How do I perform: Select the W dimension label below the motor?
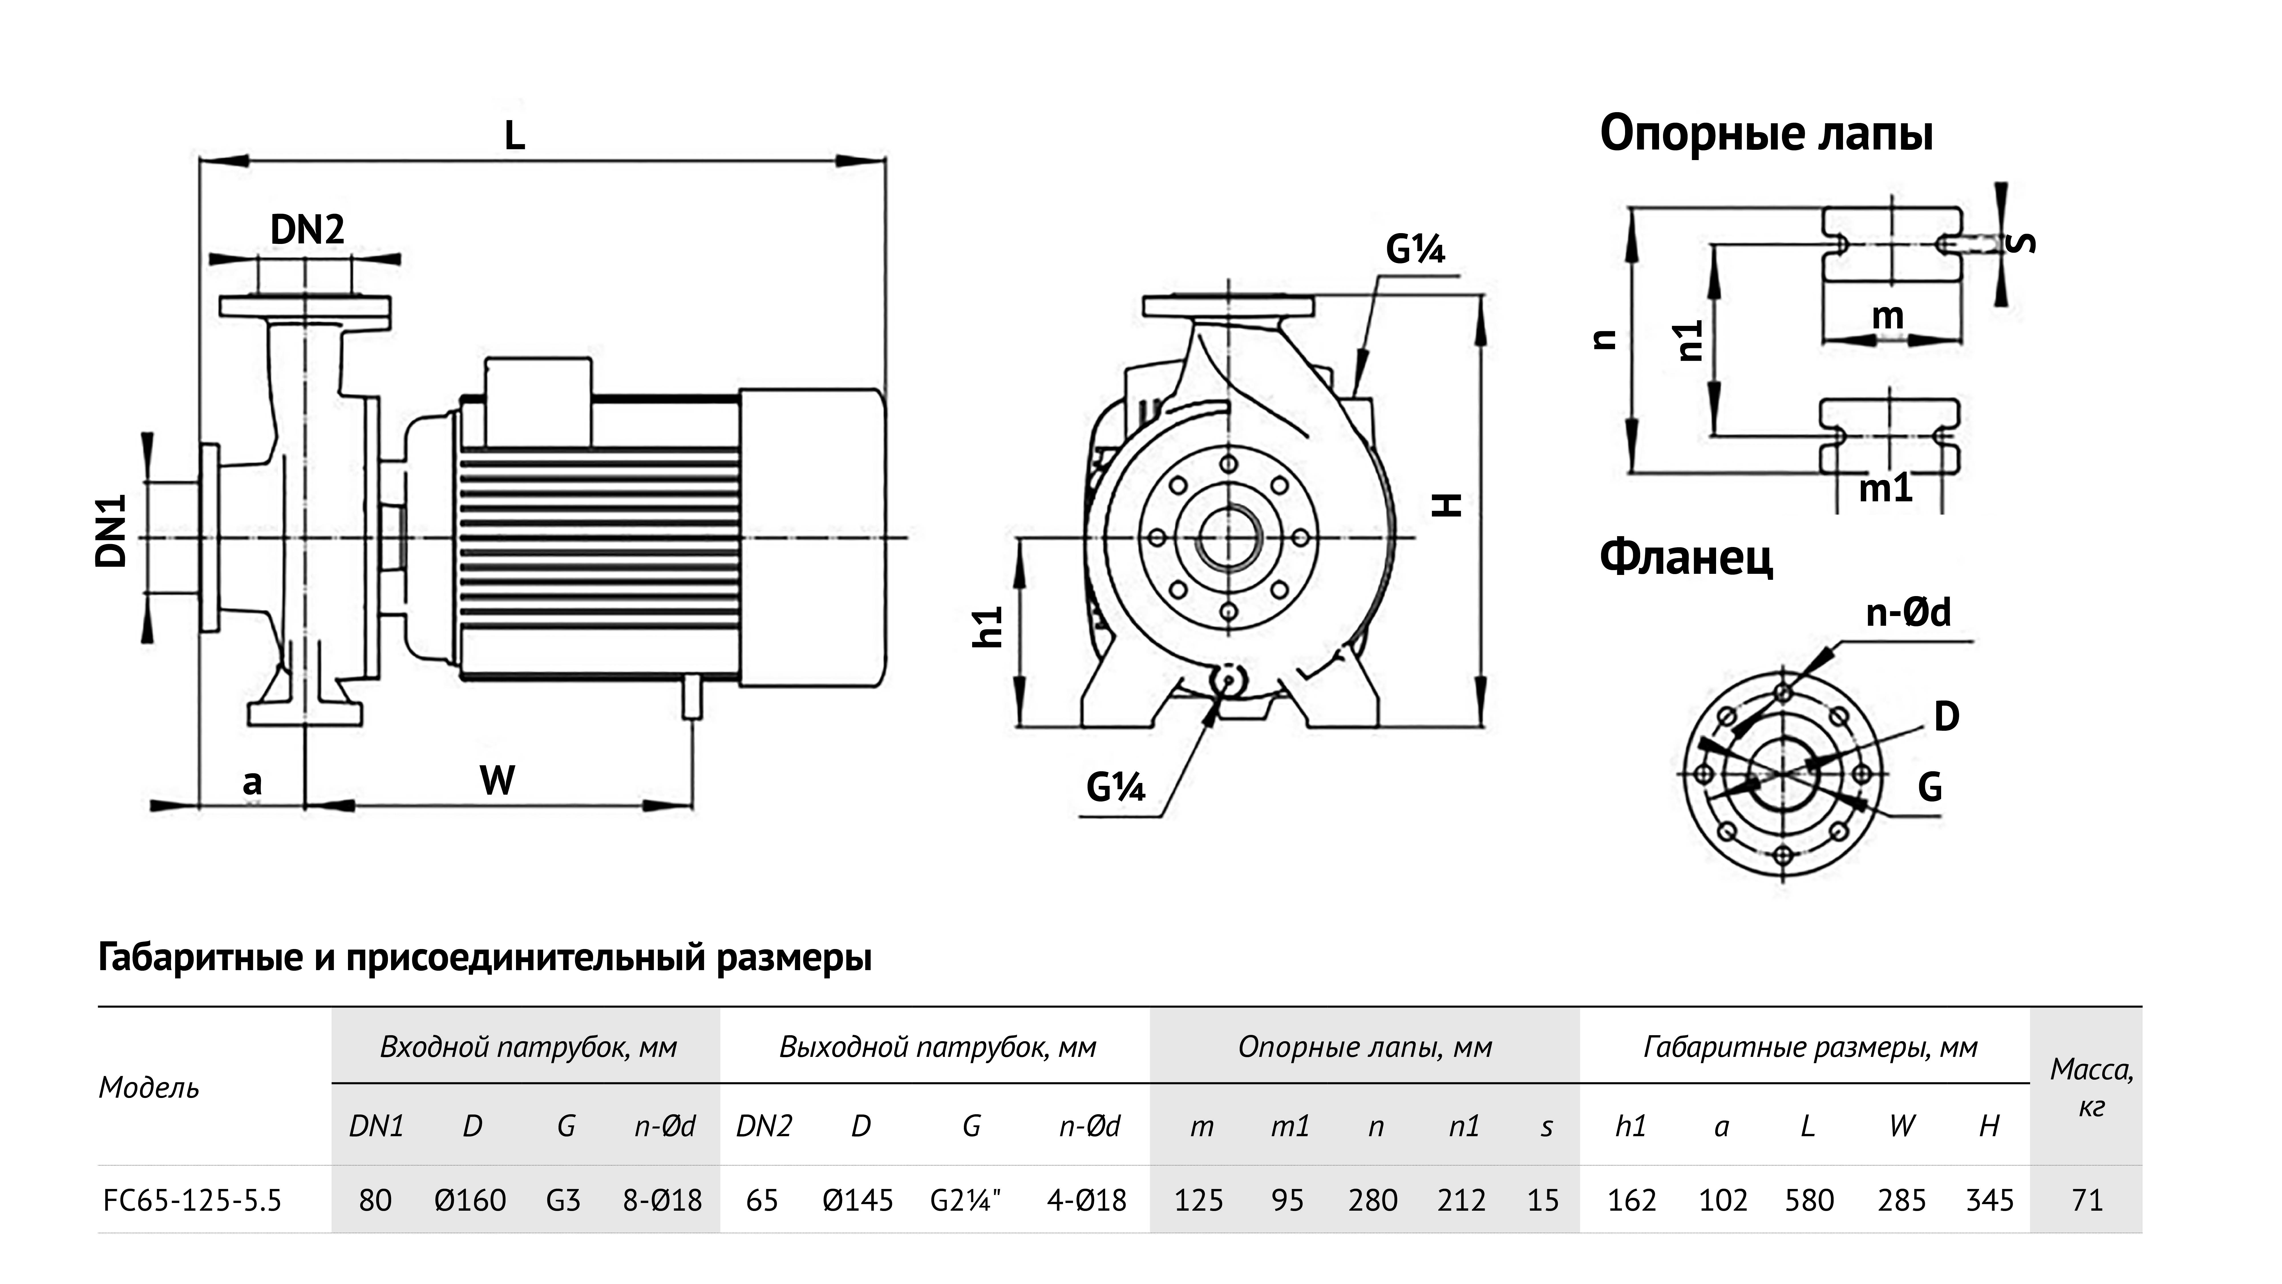pos(497,781)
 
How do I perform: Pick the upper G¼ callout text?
pos(1415,250)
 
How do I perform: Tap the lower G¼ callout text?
pos(1115,787)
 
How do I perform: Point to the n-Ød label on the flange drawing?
pos(1908,612)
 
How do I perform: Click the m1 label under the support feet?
pos(1885,488)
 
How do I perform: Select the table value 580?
pos(1809,1200)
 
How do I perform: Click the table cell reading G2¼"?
pos(966,1200)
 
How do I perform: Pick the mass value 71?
pos(2087,1200)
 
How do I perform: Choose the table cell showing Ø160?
pos(470,1200)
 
